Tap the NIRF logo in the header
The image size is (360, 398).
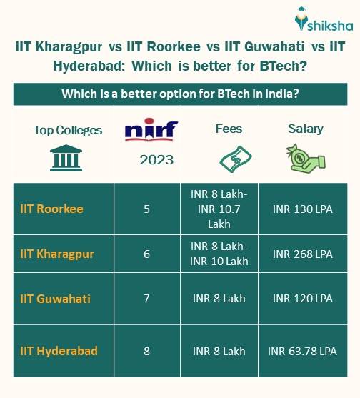151,131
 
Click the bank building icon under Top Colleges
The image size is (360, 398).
67,159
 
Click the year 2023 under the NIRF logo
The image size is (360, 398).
156,159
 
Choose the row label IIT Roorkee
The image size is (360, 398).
51,209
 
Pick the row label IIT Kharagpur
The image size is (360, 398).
57,254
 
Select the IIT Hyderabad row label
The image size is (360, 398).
59,351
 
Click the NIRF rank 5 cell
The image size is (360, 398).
146,209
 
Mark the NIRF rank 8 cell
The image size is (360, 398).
146,351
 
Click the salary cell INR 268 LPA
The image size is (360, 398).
303,254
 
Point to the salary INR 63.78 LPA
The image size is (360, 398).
303,351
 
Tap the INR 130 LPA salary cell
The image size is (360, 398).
303,209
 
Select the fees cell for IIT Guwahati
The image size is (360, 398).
219,298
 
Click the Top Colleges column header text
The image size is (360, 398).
68,130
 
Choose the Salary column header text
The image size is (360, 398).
305,129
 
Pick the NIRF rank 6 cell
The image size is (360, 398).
146,254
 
